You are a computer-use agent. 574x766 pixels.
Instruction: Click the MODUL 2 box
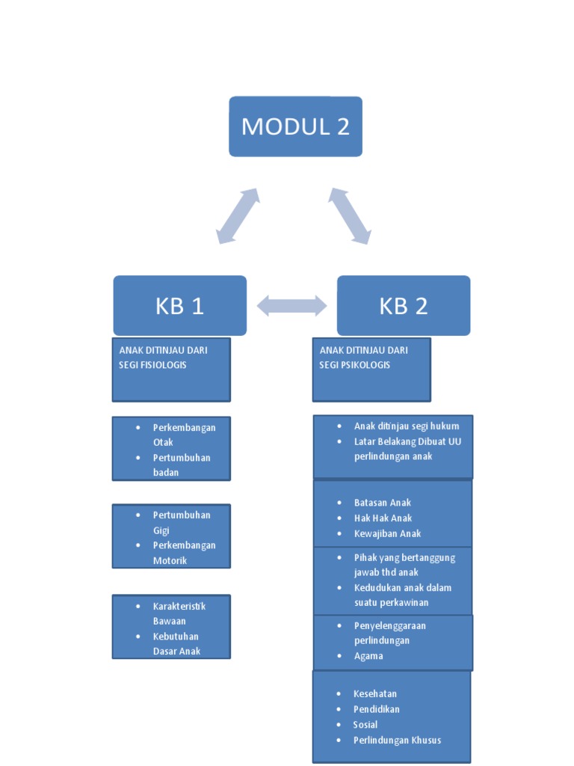[295, 126]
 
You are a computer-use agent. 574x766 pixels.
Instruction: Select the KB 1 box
[179, 305]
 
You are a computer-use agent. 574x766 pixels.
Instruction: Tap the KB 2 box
[404, 305]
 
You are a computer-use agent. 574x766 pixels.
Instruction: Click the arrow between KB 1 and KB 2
[291, 305]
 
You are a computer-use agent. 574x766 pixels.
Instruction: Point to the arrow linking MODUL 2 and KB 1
[238, 216]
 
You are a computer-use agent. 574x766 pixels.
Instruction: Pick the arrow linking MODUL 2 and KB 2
[350, 216]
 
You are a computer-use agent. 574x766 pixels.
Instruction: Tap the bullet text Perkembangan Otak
[184, 435]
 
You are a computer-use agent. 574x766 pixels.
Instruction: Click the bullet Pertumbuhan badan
[182, 465]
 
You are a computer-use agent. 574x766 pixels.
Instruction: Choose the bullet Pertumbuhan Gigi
[182, 522]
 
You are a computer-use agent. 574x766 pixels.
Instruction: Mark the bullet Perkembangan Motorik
[184, 553]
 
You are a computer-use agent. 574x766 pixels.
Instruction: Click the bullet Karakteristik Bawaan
[179, 613]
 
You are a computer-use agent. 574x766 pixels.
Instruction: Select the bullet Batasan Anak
[383, 503]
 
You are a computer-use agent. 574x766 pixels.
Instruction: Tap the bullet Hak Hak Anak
[383, 518]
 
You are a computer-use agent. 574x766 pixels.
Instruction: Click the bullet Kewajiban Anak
[387, 533]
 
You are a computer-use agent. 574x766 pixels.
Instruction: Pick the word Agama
[368, 656]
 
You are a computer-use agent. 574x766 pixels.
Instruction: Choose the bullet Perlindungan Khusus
[397, 740]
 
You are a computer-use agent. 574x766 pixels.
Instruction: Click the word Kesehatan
[375, 693]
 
